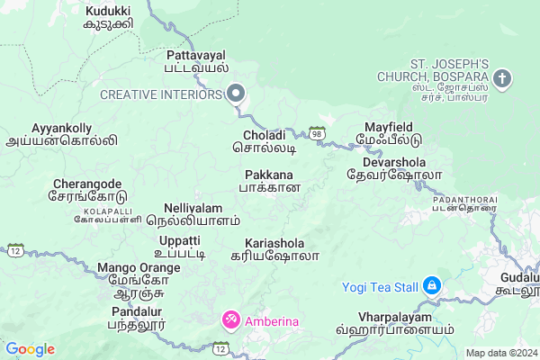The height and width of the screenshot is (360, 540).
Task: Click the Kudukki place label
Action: click(107, 16)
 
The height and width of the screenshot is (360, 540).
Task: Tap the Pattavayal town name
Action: click(197, 60)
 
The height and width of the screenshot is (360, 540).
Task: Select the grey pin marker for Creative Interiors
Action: click(237, 94)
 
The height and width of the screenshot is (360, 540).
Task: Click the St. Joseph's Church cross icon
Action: click(502, 78)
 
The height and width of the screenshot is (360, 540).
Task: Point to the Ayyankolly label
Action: click(61, 134)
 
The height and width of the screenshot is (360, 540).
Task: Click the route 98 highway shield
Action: click(317, 133)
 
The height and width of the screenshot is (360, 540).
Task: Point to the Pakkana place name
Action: click(268, 180)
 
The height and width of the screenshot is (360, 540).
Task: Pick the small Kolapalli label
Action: click(94, 217)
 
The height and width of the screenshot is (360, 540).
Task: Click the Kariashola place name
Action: click(281, 249)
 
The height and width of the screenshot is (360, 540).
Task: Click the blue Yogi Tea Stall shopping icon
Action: click(432, 287)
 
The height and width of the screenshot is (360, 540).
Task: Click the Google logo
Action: click(30, 349)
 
